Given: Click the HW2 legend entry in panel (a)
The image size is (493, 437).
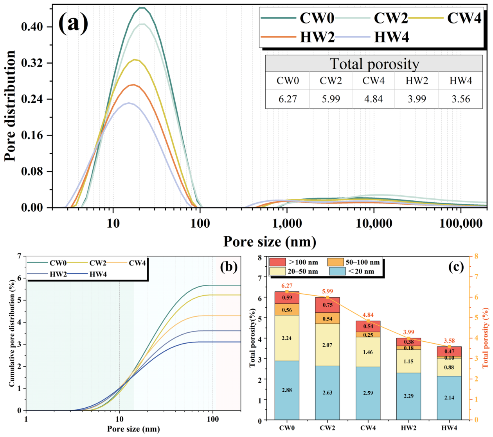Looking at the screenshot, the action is click(298, 37).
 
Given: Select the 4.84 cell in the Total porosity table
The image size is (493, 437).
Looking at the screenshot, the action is click(373, 99).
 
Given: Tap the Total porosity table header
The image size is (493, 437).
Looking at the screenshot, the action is click(374, 64).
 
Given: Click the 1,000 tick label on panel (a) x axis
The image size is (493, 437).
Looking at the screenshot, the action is click(287, 223).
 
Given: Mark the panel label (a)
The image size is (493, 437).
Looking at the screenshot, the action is click(73, 23).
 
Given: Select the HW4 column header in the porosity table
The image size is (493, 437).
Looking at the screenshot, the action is click(461, 81).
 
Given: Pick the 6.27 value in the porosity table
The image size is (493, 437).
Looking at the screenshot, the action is click(288, 99).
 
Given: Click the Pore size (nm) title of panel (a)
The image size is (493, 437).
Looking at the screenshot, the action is click(270, 242).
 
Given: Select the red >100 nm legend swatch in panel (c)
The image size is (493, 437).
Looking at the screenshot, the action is click(277, 262).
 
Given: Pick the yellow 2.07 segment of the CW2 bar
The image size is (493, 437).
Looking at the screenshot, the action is click(327, 345).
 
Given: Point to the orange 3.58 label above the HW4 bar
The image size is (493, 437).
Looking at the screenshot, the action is click(449, 341).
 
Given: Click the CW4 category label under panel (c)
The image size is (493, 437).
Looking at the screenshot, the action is click(368, 428).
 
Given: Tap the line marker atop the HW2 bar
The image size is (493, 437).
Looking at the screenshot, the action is click(408, 338).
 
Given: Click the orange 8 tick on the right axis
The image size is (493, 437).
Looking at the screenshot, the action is click(476, 256).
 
